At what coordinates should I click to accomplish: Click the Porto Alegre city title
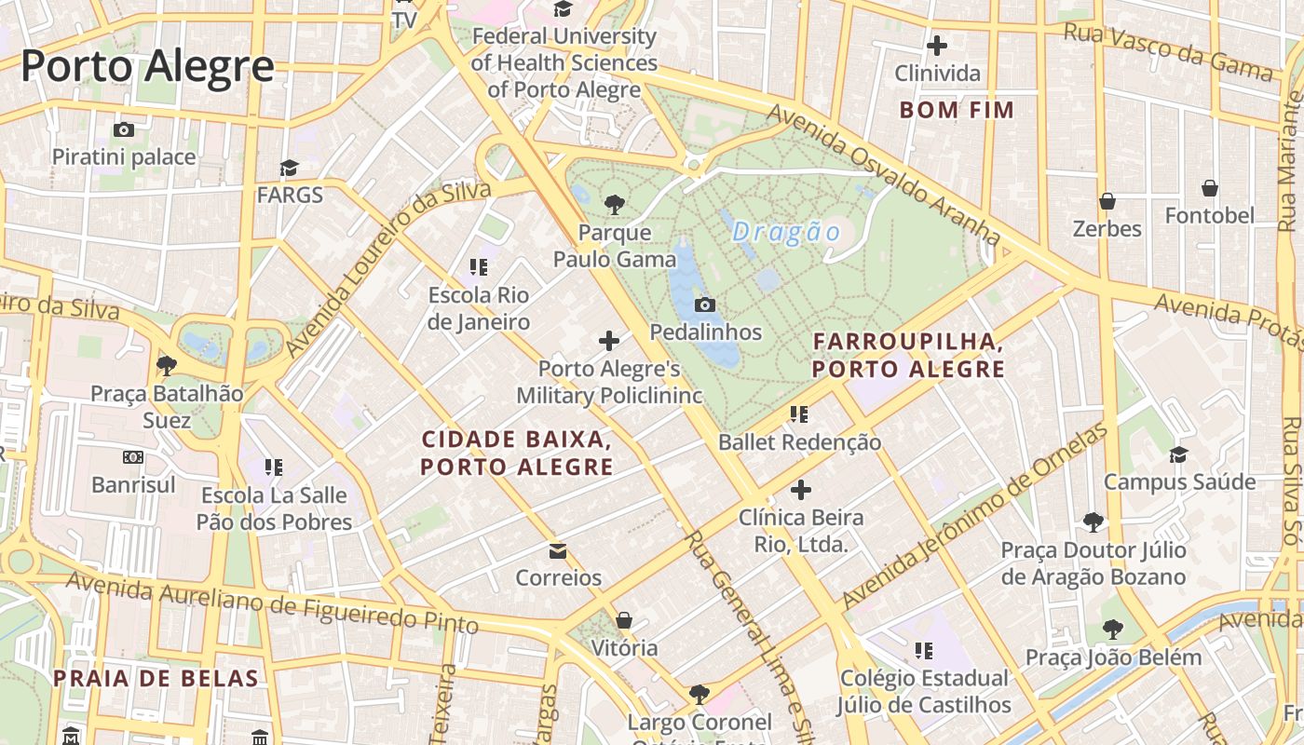pyautogui.click(x=147, y=67)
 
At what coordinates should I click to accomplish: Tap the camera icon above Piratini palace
pyautogui.click(x=124, y=129)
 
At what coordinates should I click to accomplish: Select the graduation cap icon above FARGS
pyautogui.click(x=290, y=168)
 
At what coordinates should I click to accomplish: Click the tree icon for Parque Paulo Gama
pyautogui.click(x=614, y=204)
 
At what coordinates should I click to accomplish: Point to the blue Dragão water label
pyautogui.click(x=787, y=232)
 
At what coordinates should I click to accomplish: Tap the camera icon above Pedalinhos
pyautogui.click(x=705, y=305)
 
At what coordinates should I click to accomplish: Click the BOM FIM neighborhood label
pyautogui.click(x=956, y=110)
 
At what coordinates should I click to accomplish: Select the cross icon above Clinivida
pyautogui.click(x=937, y=45)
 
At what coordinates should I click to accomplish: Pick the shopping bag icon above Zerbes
pyautogui.click(x=1107, y=201)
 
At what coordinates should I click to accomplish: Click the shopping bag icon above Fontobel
pyautogui.click(x=1209, y=188)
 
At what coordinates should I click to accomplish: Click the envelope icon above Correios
pyautogui.click(x=558, y=551)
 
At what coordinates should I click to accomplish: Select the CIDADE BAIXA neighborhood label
pyautogui.click(x=517, y=453)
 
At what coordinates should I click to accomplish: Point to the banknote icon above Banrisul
pyautogui.click(x=133, y=457)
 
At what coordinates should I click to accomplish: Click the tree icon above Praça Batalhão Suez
pyautogui.click(x=167, y=365)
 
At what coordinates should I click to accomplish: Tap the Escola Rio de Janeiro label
pyautogui.click(x=479, y=308)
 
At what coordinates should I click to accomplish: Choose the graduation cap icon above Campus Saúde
pyautogui.click(x=1178, y=454)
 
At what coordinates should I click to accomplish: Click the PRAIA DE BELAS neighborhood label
pyautogui.click(x=156, y=678)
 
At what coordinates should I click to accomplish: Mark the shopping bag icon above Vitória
pyautogui.click(x=624, y=620)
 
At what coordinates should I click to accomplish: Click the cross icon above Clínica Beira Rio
pyautogui.click(x=800, y=490)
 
